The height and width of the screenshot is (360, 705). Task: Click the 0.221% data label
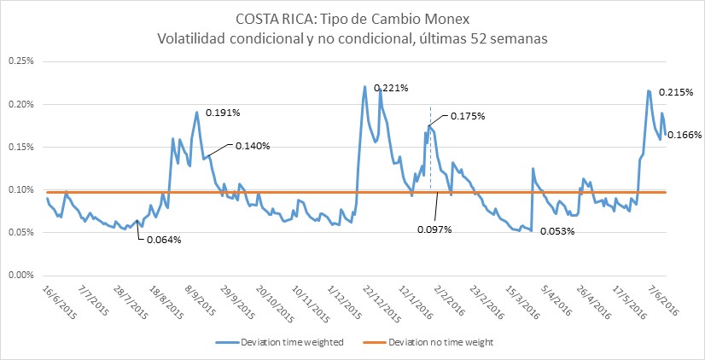[392, 87]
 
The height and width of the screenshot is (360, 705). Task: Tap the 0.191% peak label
[224, 113]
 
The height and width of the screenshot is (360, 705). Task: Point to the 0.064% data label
[163, 239]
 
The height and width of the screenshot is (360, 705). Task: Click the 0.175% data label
[467, 116]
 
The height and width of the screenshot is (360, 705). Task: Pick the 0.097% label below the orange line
[434, 229]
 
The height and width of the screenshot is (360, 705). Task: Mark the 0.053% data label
[559, 231]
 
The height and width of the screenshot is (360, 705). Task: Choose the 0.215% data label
[677, 91]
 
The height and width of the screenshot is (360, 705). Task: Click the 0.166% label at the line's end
[685, 135]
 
